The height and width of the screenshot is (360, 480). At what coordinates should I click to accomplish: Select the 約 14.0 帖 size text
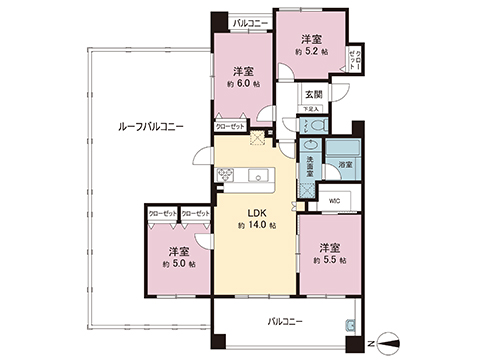click(x=257, y=227)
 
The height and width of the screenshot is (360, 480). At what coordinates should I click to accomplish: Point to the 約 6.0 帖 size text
click(x=243, y=85)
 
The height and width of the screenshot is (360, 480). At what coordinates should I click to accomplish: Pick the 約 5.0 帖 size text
click(x=179, y=264)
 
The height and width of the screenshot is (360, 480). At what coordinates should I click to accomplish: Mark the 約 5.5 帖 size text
click(x=331, y=260)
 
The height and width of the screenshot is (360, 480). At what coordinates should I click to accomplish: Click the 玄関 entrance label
click(x=313, y=95)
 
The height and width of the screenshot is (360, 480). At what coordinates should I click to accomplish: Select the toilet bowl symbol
click(x=314, y=126)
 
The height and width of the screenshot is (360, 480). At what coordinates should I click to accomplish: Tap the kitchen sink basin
click(x=268, y=178)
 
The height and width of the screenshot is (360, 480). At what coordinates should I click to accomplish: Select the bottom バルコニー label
click(x=285, y=322)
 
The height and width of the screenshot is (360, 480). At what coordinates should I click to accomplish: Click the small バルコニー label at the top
click(x=248, y=22)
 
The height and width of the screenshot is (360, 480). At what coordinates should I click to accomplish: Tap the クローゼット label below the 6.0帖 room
click(x=230, y=126)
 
